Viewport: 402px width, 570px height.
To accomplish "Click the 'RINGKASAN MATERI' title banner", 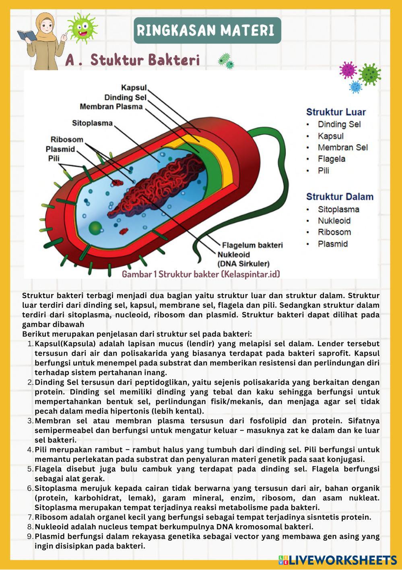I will (x=207, y=30).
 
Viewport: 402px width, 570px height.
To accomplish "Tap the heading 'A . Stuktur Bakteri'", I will (x=132, y=60).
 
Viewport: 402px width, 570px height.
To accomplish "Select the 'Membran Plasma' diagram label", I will (x=111, y=107).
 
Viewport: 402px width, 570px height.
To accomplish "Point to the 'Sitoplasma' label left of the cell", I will (x=92, y=123).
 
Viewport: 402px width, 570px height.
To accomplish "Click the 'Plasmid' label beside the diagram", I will (x=60, y=149).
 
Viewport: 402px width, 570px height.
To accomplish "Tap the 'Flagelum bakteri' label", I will (x=250, y=245).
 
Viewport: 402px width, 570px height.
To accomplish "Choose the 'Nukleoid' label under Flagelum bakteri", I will (x=234, y=255).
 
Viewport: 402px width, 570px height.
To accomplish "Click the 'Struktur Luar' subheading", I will (x=336, y=112).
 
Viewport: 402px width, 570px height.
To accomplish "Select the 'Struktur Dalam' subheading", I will (x=340, y=197).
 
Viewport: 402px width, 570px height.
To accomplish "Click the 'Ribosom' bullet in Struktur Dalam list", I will (x=334, y=232).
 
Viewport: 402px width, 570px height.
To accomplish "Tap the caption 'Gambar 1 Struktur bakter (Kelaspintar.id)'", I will (x=201, y=274).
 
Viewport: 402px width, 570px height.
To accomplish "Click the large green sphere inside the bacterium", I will (x=95, y=227).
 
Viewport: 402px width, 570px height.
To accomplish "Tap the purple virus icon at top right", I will (x=348, y=70).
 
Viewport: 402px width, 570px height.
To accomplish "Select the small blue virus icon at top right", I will (x=355, y=87).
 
